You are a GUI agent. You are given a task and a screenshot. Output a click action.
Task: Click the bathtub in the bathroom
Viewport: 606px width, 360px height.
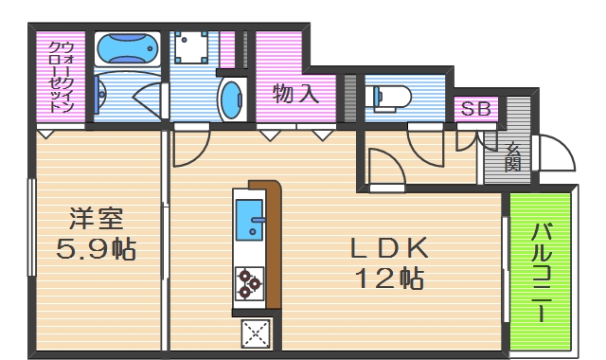coord(126,47)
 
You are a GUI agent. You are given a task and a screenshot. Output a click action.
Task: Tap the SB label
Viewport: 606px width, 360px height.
coord(475,109)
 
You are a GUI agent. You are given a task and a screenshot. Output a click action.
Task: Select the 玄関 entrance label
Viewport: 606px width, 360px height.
coord(511,157)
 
